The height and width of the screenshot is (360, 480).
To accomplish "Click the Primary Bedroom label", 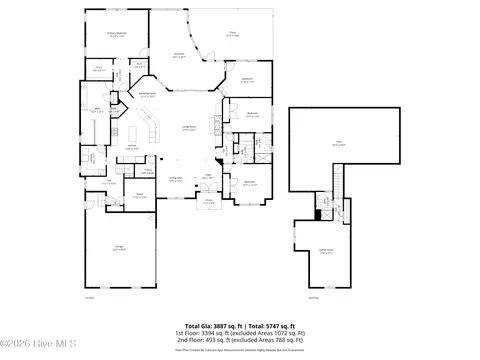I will click(116, 34).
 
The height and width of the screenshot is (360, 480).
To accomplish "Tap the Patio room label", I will click(232, 33).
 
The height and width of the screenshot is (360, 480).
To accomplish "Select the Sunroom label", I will click(179, 54).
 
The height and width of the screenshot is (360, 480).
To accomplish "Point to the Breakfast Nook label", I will click(150, 96).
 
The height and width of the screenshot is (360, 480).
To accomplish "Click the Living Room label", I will click(187, 128).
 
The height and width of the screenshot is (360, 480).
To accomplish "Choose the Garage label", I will click(119, 249).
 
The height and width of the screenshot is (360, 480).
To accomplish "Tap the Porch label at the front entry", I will click(209, 201).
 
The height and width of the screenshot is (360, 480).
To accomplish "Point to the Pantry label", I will click(147, 171).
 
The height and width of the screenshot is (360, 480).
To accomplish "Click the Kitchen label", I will click(131, 147).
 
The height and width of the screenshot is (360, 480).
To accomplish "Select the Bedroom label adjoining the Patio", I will click(247, 80).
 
